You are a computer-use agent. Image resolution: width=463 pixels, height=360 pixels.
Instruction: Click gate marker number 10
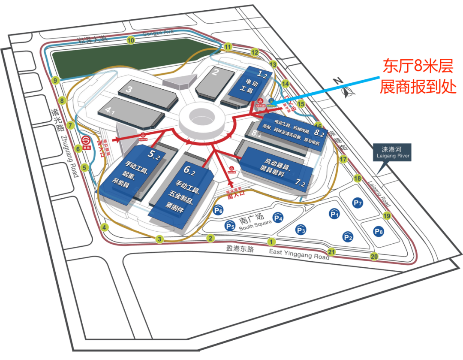pyautogui.click(x=131, y=40)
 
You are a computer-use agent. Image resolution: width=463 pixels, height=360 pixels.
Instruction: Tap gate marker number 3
pyautogui.click(x=160, y=239)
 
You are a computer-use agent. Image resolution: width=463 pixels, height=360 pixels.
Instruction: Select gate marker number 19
pyautogui.click(x=387, y=216)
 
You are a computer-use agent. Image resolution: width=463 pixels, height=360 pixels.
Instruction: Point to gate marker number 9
pyautogui.click(x=55, y=80)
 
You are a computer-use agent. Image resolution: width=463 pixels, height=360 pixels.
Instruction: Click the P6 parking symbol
pyautogui.click(x=218, y=210)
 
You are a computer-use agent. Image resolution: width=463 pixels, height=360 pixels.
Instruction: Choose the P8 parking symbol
pyautogui.click(x=378, y=232)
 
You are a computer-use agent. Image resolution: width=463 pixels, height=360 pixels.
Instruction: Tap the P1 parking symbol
pyautogui.click(x=334, y=213)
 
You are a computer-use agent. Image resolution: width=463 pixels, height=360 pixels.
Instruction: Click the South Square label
pyautogui.click(x=255, y=223)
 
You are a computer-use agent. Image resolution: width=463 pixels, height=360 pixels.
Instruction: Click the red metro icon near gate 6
pyautogui.click(x=85, y=141)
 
